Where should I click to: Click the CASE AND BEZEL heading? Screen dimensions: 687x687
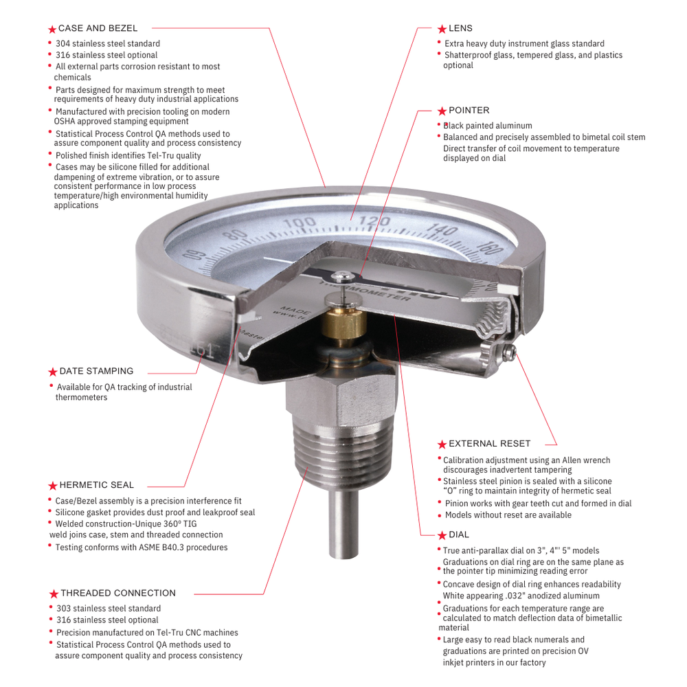[98, 29]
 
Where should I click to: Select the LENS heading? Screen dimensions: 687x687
[460, 29]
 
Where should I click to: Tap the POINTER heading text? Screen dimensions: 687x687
[469, 111]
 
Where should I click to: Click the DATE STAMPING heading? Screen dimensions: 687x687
[96, 371]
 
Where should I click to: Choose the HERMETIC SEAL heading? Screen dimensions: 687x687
[96, 485]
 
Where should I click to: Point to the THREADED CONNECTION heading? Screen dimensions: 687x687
[117, 593]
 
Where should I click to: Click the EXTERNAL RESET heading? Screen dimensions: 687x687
[489, 444]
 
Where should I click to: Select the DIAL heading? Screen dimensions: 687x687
[459, 535]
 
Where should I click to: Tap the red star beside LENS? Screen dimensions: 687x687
[442, 29]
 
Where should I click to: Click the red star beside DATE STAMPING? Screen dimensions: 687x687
[53, 372]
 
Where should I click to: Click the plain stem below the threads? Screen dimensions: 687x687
[341, 522]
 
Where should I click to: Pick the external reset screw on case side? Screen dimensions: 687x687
[509, 353]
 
